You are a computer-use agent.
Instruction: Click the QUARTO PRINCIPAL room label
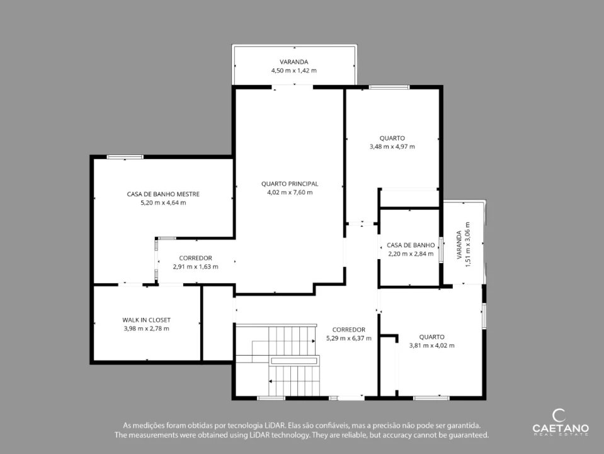[x=290, y=184]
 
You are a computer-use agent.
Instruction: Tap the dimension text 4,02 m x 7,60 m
[x=290, y=192]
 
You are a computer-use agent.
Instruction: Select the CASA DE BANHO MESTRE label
[x=163, y=194]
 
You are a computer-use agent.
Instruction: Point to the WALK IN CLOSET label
[x=146, y=320]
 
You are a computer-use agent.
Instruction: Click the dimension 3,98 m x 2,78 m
[x=146, y=329]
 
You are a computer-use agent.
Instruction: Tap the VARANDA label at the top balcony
[x=294, y=62]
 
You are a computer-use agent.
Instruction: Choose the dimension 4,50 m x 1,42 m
[x=294, y=71]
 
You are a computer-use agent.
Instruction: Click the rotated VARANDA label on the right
[x=459, y=245]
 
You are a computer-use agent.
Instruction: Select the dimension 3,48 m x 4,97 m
[x=392, y=146]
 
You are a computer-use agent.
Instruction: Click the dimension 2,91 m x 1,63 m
[x=196, y=267]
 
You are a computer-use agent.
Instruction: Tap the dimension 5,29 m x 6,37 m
[x=349, y=338]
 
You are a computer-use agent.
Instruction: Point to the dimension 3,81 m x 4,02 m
[x=432, y=346]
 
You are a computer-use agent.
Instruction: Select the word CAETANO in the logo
[x=561, y=428]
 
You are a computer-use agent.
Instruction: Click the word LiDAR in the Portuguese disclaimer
[x=275, y=426]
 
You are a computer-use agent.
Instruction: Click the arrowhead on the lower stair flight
[x=270, y=381]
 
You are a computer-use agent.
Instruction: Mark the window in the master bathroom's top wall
[x=125, y=157]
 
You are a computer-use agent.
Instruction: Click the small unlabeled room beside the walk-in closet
[x=218, y=323]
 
